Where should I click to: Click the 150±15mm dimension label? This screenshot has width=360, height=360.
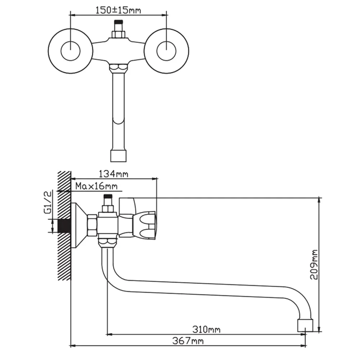118,10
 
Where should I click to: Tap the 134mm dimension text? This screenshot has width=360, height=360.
113,174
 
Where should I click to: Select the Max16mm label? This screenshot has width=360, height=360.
96,186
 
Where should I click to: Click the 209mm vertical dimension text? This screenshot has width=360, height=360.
314,265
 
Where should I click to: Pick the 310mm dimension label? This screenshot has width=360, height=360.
206,329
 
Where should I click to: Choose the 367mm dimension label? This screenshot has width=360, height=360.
188,341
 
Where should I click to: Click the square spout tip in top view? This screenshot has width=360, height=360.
118,156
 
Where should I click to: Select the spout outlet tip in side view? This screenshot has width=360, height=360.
305,325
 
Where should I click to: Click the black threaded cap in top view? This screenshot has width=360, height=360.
118,22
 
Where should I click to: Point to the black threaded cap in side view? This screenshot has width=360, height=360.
108,196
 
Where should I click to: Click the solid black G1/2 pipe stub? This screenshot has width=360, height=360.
64,226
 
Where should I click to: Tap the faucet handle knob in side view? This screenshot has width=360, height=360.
145,226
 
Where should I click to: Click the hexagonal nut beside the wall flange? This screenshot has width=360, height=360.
92,225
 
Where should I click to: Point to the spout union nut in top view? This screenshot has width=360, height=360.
118,68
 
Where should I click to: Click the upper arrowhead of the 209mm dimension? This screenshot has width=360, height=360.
319,200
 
